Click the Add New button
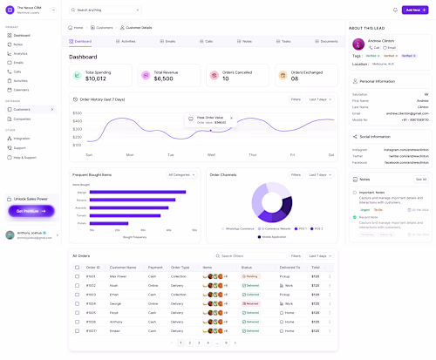[x=415, y=10]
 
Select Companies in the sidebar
[x=23, y=119]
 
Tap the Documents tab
[x=326, y=41]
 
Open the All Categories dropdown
[x=181, y=174]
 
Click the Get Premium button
[x=31, y=211]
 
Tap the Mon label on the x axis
[x=130, y=154]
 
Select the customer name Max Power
[x=119, y=276]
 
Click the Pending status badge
[x=250, y=276]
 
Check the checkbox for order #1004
[x=78, y=303]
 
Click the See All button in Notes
[x=421, y=179]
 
